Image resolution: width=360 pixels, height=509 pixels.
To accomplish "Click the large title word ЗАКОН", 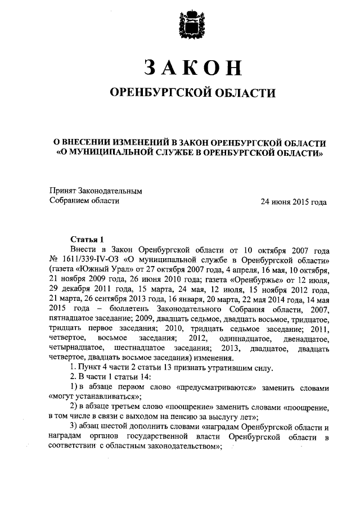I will [192, 67].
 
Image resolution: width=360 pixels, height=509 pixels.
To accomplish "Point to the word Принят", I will [62, 191].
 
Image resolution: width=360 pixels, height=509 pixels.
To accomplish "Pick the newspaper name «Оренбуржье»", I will [246, 279].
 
